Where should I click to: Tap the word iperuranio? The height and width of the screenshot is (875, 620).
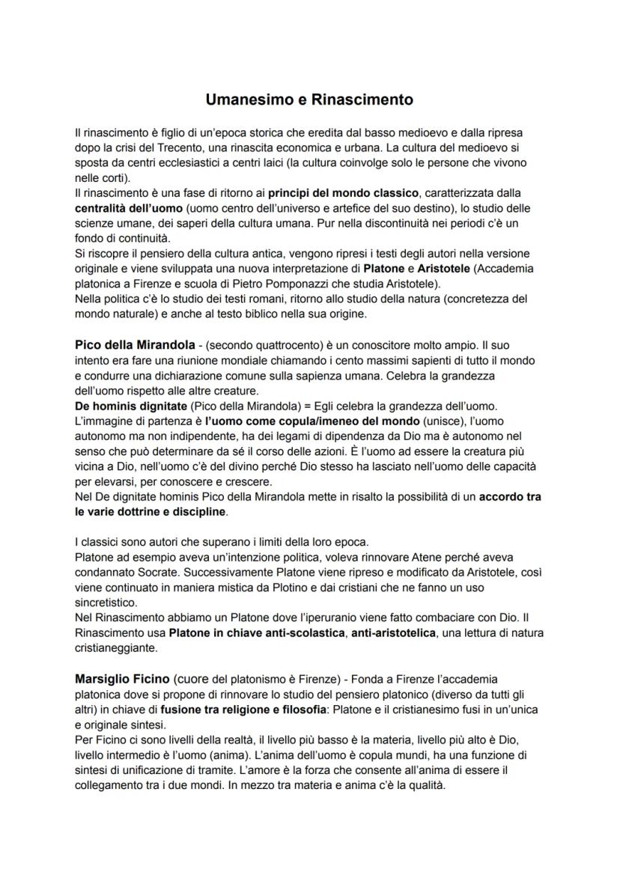click(336, 619)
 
